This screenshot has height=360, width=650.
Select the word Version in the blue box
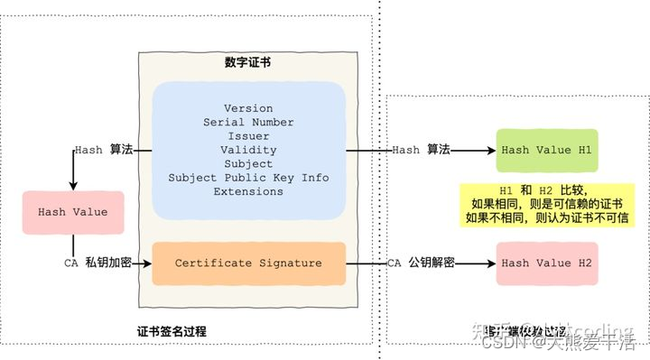click(x=248, y=109)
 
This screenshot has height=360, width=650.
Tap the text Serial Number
click(x=248, y=123)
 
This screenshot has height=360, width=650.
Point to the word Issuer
click(x=248, y=136)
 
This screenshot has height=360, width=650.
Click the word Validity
click(x=248, y=150)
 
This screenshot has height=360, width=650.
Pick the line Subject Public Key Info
click(x=248, y=178)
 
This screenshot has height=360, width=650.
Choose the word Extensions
click(x=248, y=191)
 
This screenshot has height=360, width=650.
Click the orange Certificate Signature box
click(x=248, y=263)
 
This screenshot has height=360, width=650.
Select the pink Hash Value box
click(x=72, y=212)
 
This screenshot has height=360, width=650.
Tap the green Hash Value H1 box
click(x=547, y=150)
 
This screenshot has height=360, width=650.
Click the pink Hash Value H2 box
click(x=547, y=263)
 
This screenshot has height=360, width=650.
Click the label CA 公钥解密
click(x=421, y=263)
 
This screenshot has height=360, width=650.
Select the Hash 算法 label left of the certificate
click(x=104, y=150)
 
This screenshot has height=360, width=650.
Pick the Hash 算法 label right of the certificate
click(x=421, y=150)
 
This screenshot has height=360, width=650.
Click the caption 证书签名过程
click(x=172, y=331)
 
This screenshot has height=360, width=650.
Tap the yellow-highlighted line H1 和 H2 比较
click(x=547, y=190)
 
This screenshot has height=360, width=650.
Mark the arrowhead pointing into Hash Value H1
click(x=491, y=150)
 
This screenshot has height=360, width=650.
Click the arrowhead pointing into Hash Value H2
click(x=491, y=263)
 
